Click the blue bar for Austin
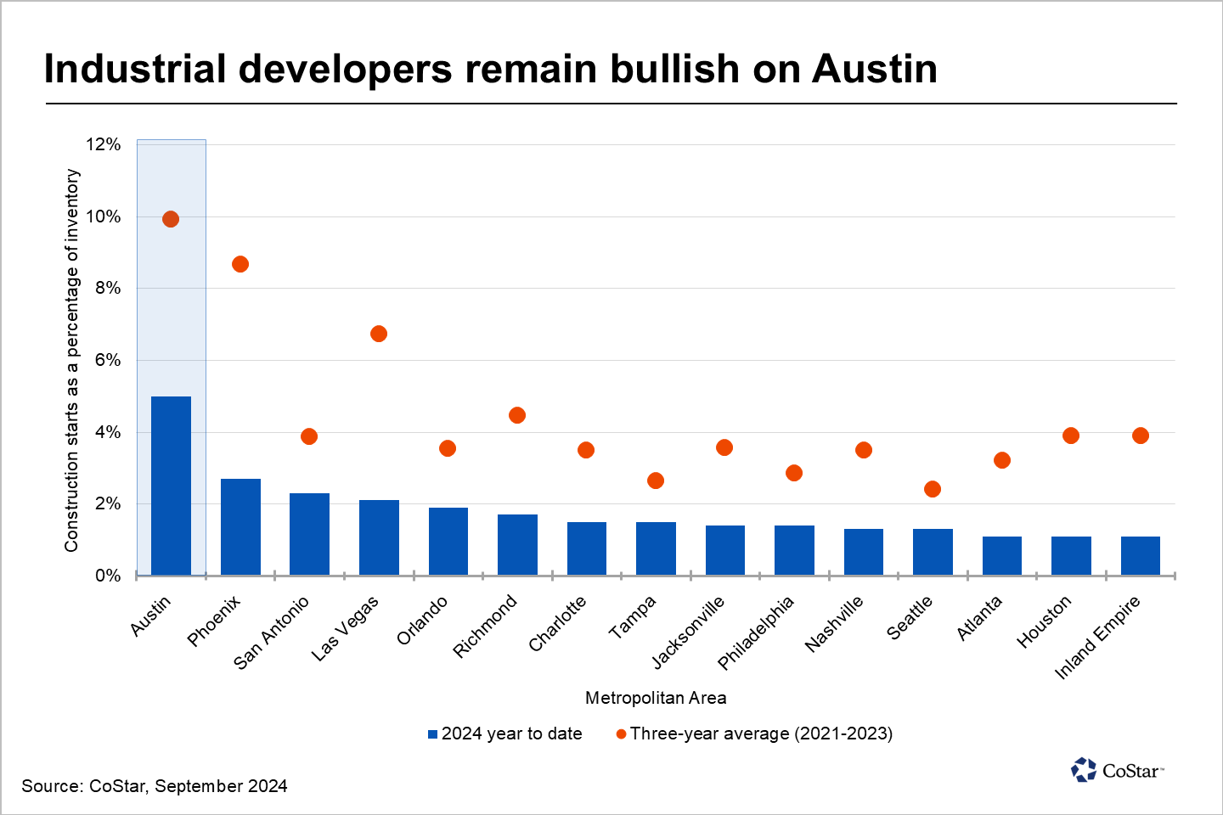(171, 486)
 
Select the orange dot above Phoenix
(240, 264)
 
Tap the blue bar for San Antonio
(309, 534)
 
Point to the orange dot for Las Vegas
(379, 334)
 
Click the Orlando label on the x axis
(422, 621)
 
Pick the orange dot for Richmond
(517, 415)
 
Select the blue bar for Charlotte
(587, 548)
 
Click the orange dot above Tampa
(656, 481)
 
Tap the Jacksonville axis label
(689, 632)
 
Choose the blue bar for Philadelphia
(794, 550)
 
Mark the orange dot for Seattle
(933, 489)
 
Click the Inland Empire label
(1097, 637)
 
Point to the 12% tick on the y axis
(104, 144)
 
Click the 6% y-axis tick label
(108, 360)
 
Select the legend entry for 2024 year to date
(506, 733)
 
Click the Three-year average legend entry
(755, 733)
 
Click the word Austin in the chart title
(875, 69)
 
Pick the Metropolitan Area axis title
(656, 698)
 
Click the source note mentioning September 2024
(155, 786)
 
